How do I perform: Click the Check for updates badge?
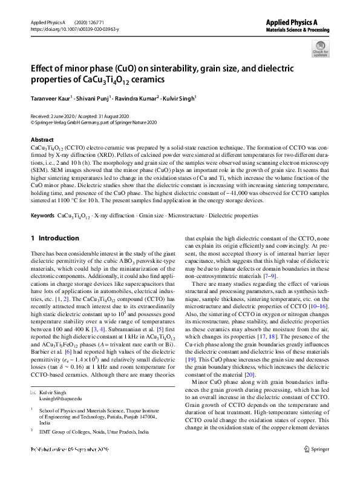pyautogui.click(x=319, y=48)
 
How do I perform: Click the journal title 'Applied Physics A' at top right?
pyautogui.click(x=299, y=21)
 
